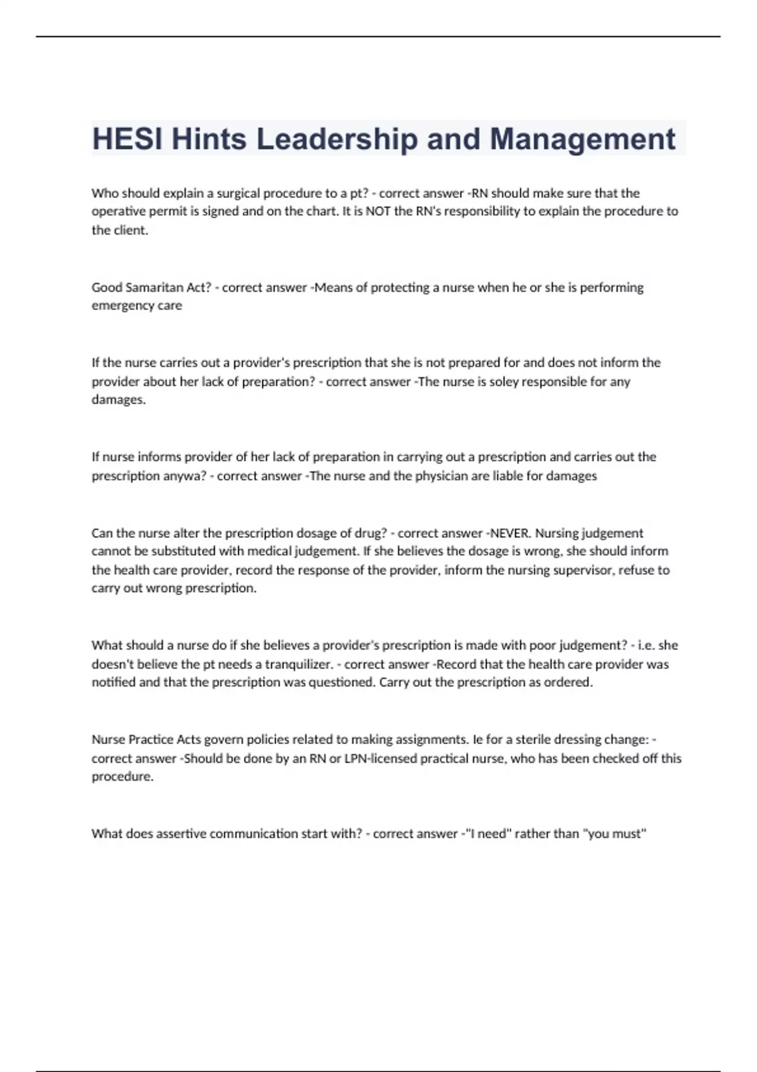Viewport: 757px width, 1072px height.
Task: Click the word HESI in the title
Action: click(127, 139)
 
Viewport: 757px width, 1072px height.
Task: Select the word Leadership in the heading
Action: click(337, 139)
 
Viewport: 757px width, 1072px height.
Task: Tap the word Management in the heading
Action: click(582, 139)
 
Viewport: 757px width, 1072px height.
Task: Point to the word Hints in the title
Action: click(209, 139)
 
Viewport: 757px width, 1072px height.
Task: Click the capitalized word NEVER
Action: click(510, 533)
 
